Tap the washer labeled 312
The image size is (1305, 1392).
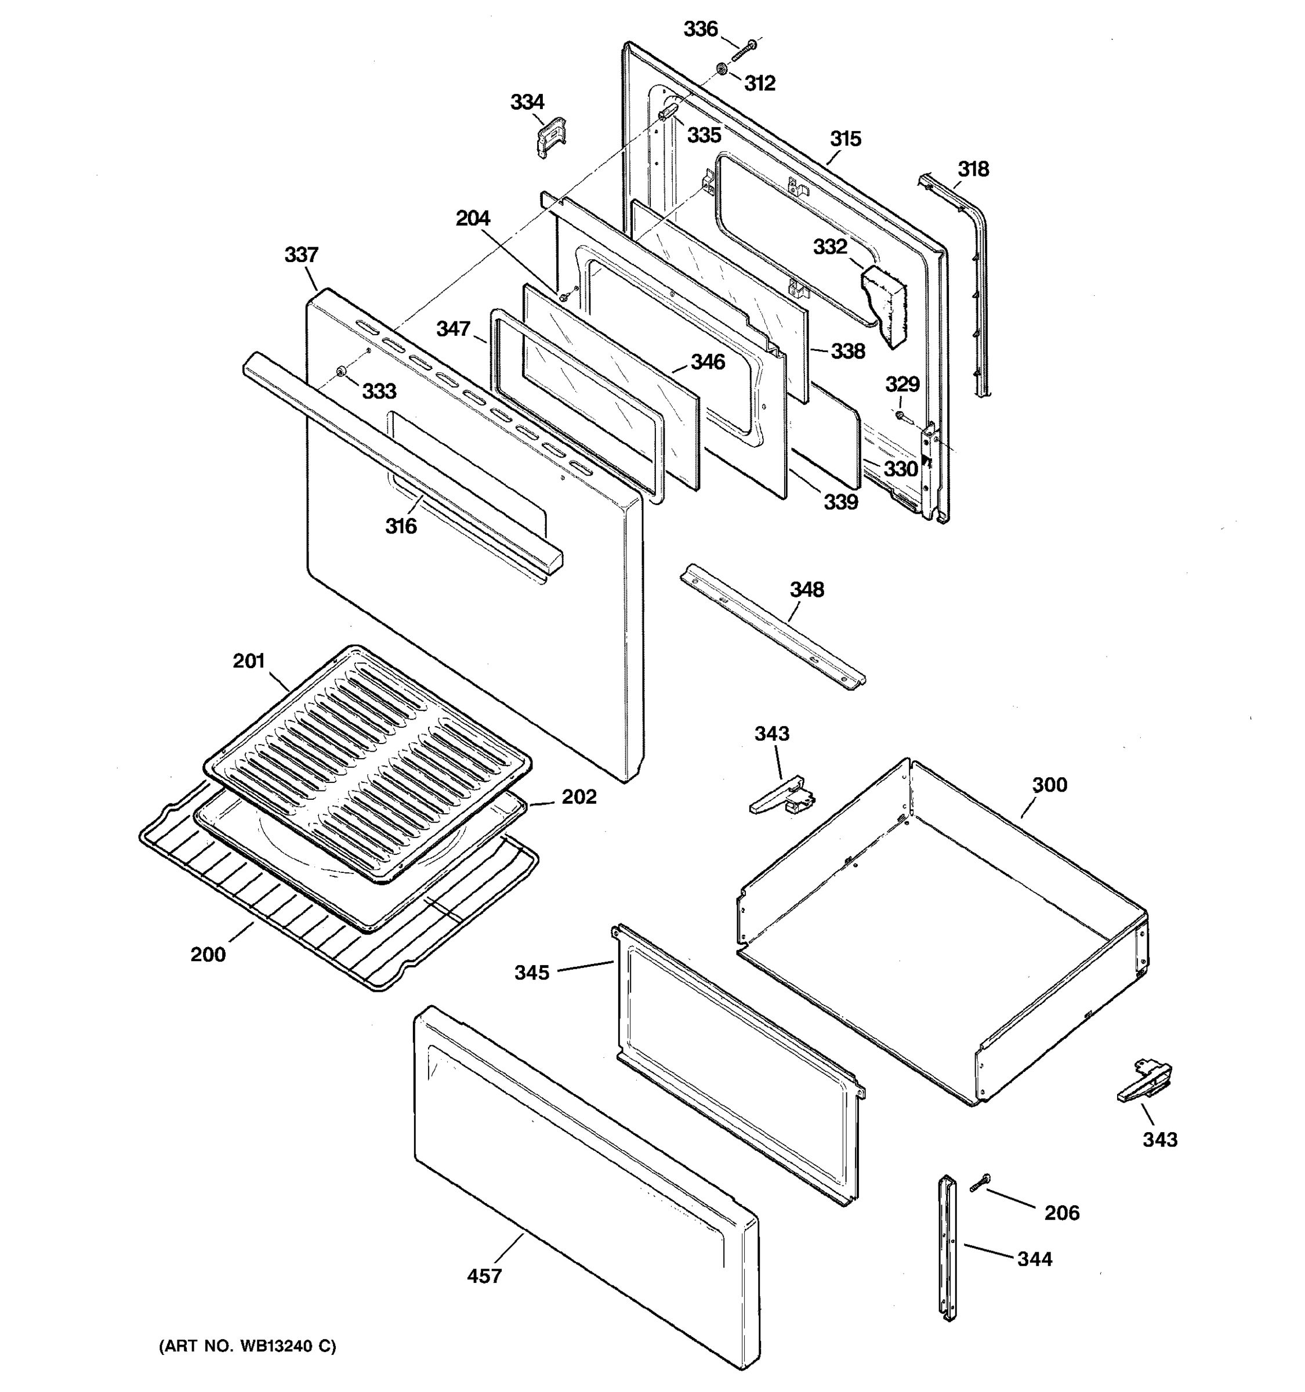720,68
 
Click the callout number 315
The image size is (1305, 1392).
845,139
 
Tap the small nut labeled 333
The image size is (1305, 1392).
341,372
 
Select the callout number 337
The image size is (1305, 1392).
301,255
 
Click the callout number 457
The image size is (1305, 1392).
484,1276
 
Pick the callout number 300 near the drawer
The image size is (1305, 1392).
1049,785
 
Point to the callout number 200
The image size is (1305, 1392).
208,954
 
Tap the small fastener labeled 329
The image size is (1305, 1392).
900,416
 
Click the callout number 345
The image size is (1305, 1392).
531,973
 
